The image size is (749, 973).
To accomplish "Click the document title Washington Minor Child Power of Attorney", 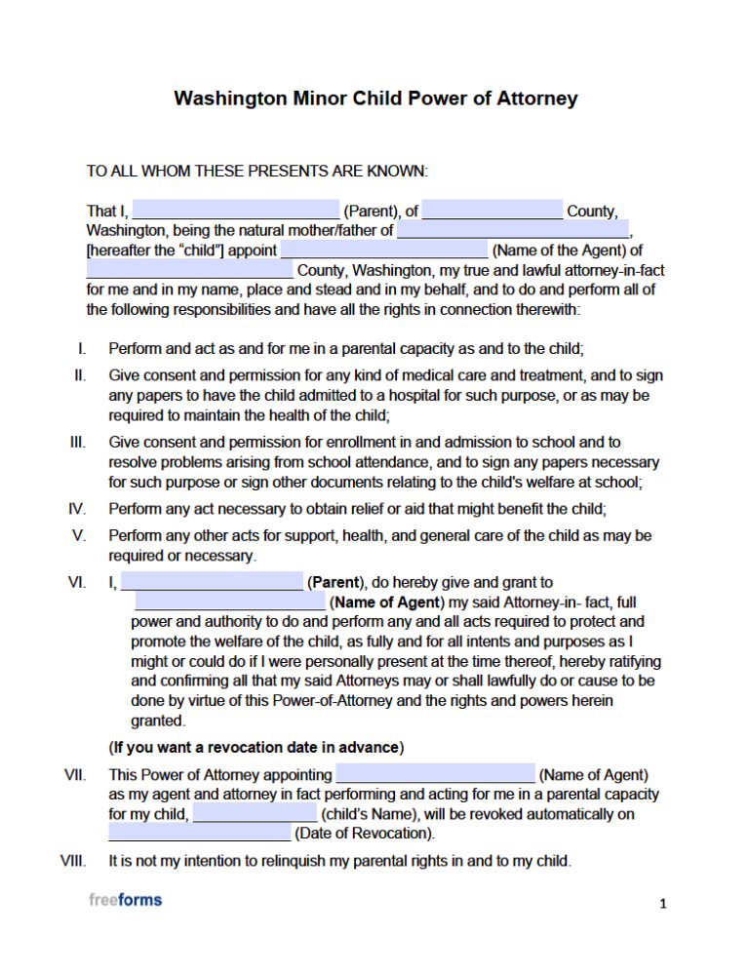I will [375, 98].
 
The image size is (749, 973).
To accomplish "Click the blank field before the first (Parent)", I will [235, 211].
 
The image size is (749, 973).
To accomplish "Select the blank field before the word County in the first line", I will [493, 211].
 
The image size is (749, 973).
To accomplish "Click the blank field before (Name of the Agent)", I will [383, 251].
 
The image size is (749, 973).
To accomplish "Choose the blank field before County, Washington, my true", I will [189, 270].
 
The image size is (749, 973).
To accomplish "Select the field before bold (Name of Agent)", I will [230, 603].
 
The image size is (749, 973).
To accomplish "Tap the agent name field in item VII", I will [435, 775].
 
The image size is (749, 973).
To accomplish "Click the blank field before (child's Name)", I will [255, 814].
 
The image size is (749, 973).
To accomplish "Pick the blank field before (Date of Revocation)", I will [199, 834].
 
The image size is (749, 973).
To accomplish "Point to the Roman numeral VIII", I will [73, 862].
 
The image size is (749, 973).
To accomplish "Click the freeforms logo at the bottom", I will [126, 900].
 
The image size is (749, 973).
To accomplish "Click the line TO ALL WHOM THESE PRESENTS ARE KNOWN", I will [257, 172].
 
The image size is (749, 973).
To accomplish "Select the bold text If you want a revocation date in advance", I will [256, 748].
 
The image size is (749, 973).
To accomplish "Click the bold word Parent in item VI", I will [335, 583].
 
